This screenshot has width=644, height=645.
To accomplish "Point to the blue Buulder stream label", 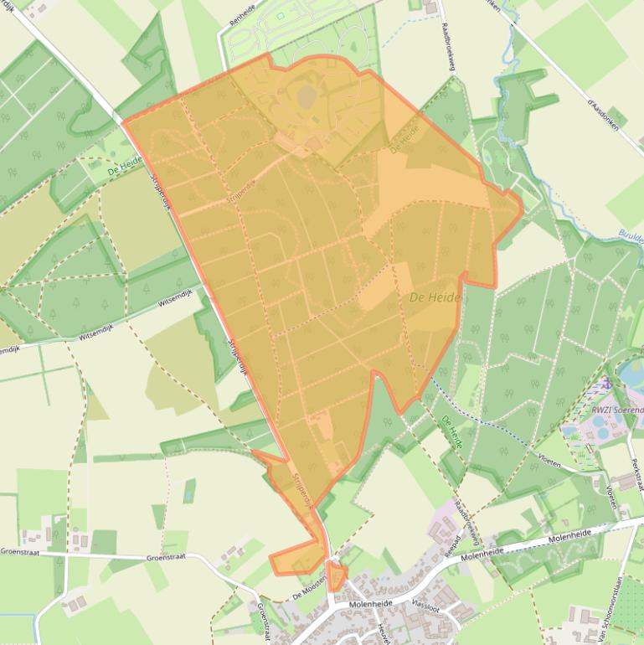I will [x=630, y=235].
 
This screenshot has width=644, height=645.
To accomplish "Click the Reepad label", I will [x=446, y=544].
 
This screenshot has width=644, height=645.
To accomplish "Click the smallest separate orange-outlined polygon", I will [x=337, y=576].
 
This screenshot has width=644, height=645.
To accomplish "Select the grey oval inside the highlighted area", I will [x=305, y=95].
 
